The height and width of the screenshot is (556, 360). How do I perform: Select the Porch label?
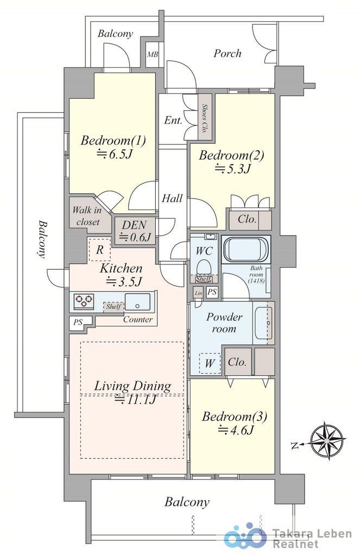pyautogui.click(x=227, y=53)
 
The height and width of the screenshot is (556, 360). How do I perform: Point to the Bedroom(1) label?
pyautogui.click(x=113, y=141)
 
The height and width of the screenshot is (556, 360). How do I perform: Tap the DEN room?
pyautogui.click(x=134, y=230)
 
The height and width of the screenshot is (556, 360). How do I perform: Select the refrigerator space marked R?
pyautogui.click(x=99, y=250)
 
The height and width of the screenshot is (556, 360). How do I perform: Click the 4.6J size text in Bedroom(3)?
pyautogui.click(x=236, y=431)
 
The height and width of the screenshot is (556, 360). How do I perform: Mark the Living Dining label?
pyautogui.click(x=133, y=387)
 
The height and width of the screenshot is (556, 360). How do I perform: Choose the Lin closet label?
pyautogui.click(x=198, y=294)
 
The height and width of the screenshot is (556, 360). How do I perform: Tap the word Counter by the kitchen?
pyautogui.click(x=137, y=320)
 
